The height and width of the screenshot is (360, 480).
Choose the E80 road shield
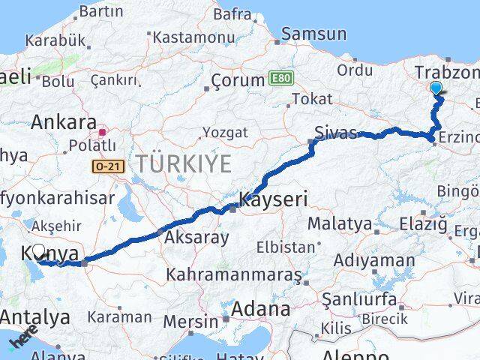click(x=282, y=77)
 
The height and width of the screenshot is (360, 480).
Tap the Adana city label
click(x=260, y=309)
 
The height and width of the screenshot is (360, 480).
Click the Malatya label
click(x=339, y=223)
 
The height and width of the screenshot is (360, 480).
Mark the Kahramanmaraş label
click(x=235, y=274)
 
